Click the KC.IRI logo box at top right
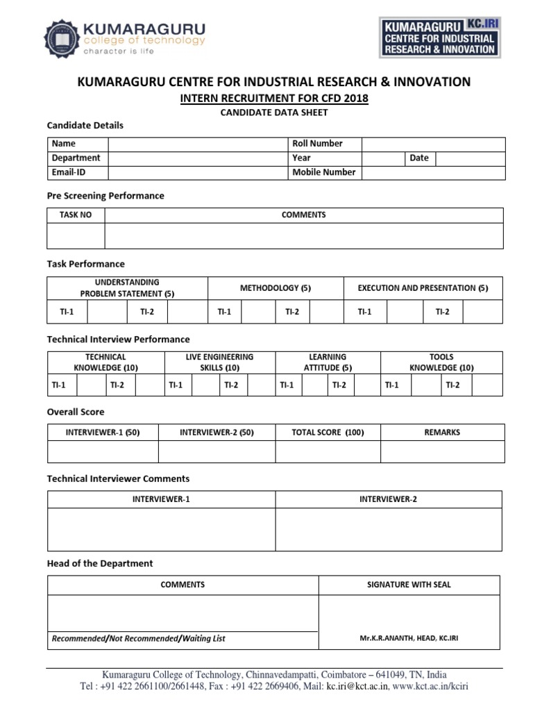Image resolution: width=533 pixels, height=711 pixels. click(x=440, y=37)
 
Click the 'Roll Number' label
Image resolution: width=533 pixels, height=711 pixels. click(x=317, y=144)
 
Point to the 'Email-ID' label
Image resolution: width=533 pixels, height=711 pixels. click(x=69, y=172)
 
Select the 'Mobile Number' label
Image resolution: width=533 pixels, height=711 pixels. click(x=323, y=172)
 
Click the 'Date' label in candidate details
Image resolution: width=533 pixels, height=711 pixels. click(x=418, y=158)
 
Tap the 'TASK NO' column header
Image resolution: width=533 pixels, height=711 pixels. click(x=76, y=215)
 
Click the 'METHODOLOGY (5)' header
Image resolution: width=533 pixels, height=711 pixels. click(x=276, y=287)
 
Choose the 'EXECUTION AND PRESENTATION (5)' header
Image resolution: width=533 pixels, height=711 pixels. click(x=423, y=287)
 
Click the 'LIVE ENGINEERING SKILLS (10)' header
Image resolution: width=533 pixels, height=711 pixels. click(x=219, y=362)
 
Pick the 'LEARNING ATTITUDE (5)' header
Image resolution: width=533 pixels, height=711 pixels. click(x=328, y=362)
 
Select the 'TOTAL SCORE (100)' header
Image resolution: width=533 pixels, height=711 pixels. click(x=328, y=433)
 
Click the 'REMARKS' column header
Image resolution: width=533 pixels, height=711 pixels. click(x=442, y=433)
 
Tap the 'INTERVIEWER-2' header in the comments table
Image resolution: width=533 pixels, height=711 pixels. click(x=388, y=499)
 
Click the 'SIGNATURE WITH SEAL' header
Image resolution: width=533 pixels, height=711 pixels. click(x=409, y=585)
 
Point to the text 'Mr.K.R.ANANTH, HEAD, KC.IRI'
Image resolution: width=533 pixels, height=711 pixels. click(x=409, y=639)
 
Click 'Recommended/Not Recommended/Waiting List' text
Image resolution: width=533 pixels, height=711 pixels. click(x=139, y=639)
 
